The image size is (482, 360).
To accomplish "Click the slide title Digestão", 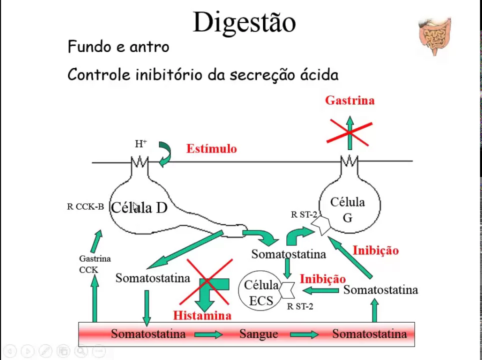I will [244, 22].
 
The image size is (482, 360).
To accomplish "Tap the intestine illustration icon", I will [434, 36].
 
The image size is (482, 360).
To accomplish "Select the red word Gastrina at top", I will [349, 100].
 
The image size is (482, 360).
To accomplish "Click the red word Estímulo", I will [211, 148].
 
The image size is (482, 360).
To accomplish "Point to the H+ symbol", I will [140, 144].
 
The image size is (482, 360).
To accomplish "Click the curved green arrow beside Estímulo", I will [165, 154].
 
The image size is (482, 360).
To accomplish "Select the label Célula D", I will [139, 207].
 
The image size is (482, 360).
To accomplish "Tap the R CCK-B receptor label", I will [85, 206].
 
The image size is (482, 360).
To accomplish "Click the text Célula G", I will [347, 209].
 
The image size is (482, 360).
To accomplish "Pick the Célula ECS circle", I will [260, 292].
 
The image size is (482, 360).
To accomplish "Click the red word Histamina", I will [202, 315].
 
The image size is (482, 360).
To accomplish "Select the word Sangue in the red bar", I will [258, 334].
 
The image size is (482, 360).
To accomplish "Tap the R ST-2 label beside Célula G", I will [304, 215].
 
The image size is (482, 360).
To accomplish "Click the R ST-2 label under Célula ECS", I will [300, 306].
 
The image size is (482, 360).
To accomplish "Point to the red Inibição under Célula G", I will [375, 250].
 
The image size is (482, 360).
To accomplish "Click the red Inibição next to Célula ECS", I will [322, 278].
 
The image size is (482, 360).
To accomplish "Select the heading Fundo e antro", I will [118, 47].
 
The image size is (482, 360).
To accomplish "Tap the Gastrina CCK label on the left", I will [94, 264].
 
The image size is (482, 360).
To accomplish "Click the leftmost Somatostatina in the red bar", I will [148, 334].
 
